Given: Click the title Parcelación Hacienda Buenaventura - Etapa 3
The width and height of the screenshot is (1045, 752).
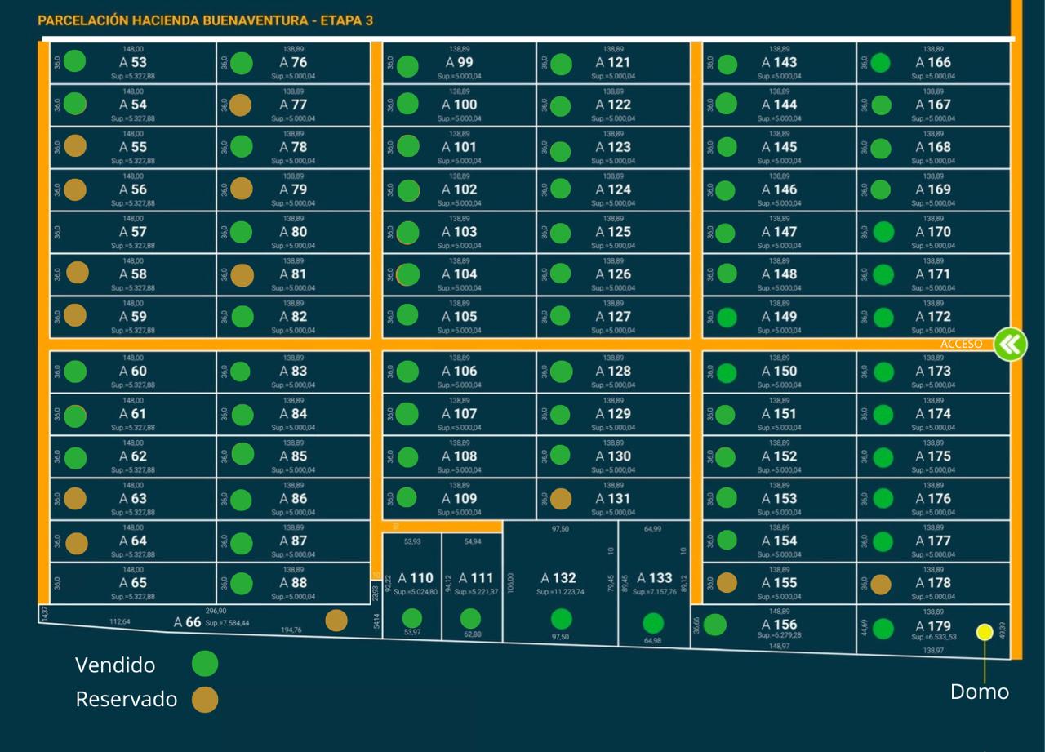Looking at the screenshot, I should [205, 20].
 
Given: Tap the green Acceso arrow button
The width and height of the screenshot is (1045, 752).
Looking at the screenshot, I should [1010, 345].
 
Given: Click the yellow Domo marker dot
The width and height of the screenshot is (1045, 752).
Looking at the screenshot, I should [985, 631].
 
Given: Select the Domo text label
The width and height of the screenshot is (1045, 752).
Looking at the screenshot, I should [979, 692].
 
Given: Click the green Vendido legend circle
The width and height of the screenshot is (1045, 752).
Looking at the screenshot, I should [205, 664].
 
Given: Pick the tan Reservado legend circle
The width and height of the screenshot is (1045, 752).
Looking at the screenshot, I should [205, 699].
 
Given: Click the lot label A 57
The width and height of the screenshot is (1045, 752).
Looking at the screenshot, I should [133, 232].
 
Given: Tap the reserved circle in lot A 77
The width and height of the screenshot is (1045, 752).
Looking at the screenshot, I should [240, 105].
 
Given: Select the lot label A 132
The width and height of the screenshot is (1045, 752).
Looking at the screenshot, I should [558, 578].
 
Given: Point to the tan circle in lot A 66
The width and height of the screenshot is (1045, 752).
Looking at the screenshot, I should [336, 621].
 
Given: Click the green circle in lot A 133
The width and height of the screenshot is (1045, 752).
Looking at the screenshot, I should [653, 624].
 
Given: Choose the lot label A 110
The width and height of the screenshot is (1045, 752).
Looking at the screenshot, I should [416, 578].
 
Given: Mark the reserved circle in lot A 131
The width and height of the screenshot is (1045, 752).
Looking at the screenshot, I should [561, 498].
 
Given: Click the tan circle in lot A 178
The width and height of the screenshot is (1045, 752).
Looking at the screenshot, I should [881, 584].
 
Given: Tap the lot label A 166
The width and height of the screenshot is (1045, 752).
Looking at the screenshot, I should [933, 62].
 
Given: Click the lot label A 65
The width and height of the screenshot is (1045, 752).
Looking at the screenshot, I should [133, 583].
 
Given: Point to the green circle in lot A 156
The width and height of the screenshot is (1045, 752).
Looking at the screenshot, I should [715, 625].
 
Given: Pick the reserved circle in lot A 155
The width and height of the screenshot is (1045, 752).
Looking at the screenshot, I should [727, 583].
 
